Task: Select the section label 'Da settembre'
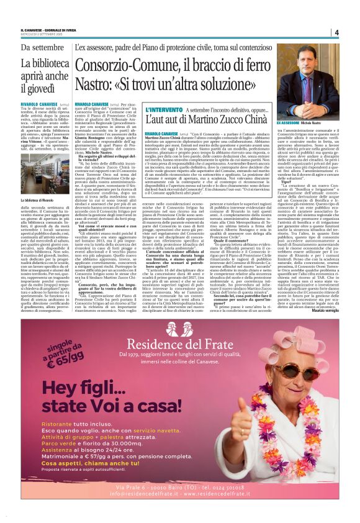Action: [x=42, y=48]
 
